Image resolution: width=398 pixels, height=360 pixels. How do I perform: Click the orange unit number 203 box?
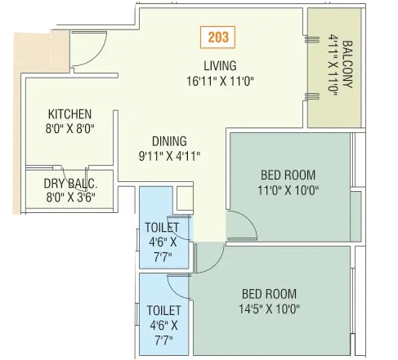point(219,37)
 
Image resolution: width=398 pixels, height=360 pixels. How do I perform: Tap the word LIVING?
point(220,66)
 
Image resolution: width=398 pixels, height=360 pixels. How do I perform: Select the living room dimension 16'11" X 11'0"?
point(220,80)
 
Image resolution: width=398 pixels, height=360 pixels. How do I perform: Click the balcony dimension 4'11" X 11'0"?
point(333,67)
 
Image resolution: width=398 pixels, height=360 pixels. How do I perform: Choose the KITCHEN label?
point(69,114)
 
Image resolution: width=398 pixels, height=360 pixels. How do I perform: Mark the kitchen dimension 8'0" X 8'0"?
point(69,128)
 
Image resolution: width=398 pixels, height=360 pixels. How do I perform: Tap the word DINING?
point(168,140)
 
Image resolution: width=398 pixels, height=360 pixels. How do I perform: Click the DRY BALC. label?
point(71,182)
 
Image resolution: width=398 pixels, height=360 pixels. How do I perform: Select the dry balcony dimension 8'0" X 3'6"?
point(71,196)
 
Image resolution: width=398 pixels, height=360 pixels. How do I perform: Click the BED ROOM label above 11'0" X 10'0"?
point(288,175)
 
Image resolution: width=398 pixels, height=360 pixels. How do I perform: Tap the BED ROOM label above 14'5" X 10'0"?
point(269,294)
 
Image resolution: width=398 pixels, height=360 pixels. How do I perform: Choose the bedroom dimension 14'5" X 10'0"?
point(271,309)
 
